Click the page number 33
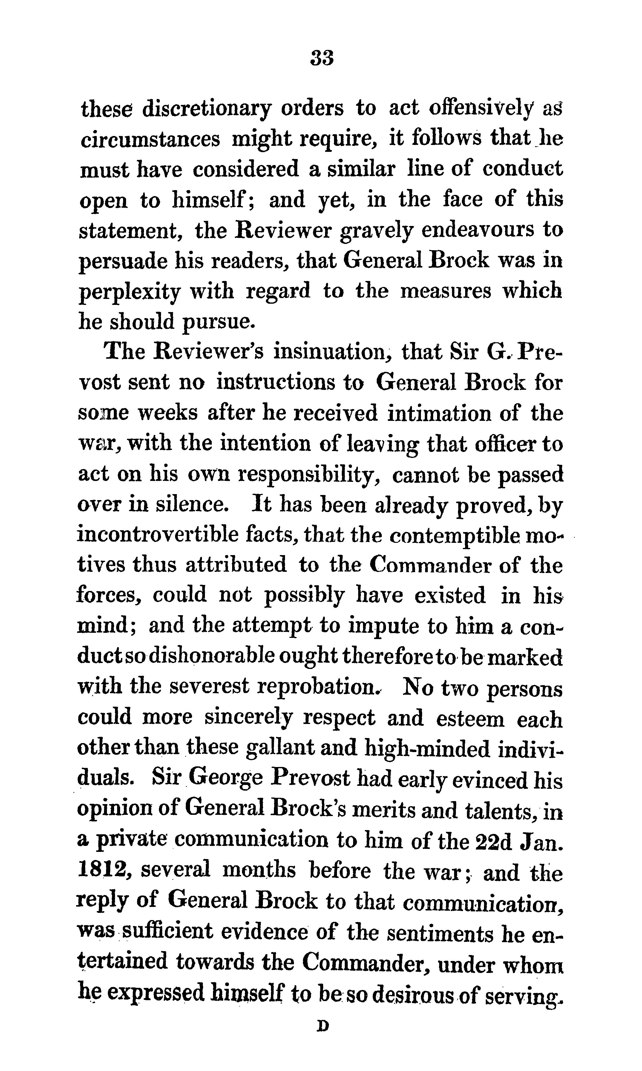(322, 58)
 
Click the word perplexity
(128, 293)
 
